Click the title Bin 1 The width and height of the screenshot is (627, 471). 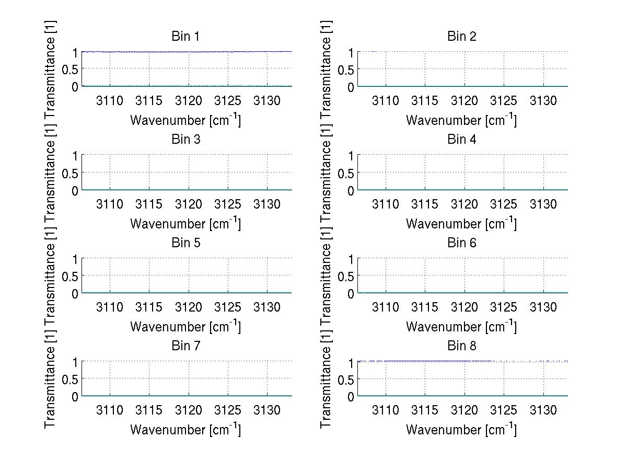point(185,37)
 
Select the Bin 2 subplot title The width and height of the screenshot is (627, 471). point(462,37)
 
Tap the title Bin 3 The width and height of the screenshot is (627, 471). point(185,140)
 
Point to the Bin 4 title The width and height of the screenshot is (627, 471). point(462,140)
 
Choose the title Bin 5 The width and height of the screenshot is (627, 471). point(185,243)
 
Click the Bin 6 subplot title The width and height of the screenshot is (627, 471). point(462,243)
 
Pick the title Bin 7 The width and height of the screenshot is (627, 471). point(185,346)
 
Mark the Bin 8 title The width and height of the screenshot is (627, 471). point(462,346)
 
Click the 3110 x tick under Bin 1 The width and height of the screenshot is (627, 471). point(110,101)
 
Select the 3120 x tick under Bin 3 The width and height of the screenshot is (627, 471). point(189,204)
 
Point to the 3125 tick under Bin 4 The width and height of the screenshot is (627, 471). point(504,204)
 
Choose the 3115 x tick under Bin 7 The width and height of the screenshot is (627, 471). point(149,410)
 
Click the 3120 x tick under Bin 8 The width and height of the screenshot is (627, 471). point(465,410)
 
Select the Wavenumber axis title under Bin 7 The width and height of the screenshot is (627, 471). point(185,429)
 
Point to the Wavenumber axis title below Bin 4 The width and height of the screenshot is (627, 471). point(461,223)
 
